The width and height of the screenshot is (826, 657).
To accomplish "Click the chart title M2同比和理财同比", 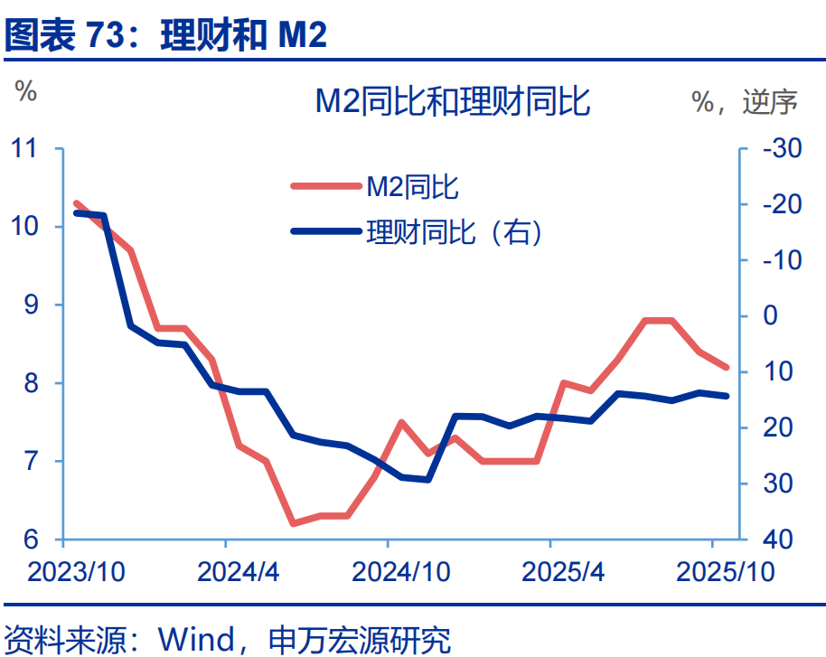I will (452, 101).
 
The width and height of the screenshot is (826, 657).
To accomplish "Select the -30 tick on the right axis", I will (781, 147).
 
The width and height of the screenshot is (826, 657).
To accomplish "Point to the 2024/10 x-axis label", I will (388, 572).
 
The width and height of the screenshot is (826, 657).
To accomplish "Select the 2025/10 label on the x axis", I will (713, 572).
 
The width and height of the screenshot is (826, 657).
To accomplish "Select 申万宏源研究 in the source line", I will (360, 639).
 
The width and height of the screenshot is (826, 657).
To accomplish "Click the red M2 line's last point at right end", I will (726, 367).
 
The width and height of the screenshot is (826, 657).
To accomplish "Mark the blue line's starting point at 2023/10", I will (76, 212).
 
